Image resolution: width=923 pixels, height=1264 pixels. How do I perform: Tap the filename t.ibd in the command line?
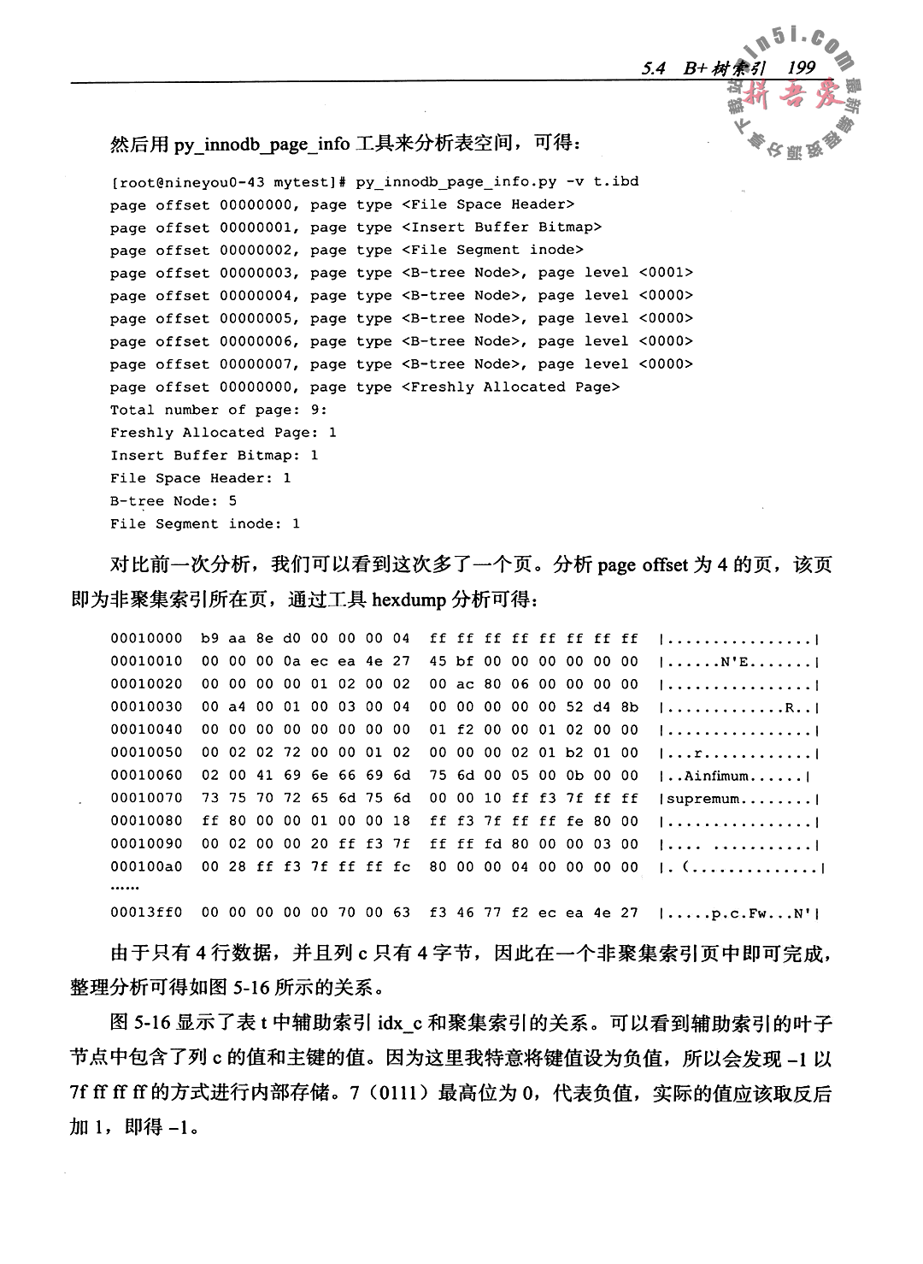tap(616, 181)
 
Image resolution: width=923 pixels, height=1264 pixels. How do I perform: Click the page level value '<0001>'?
tap(666, 273)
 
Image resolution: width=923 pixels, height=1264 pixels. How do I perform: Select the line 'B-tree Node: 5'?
tap(173, 500)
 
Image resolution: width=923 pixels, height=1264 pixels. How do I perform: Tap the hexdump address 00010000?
tap(146, 638)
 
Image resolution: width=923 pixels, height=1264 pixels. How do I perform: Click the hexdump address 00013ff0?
tap(146, 913)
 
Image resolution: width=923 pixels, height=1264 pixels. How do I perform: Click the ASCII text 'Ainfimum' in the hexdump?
tap(716, 776)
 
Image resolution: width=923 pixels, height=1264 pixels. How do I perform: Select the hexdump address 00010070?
tap(146, 798)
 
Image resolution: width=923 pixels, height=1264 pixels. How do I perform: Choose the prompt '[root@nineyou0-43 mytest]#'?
tap(227, 181)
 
